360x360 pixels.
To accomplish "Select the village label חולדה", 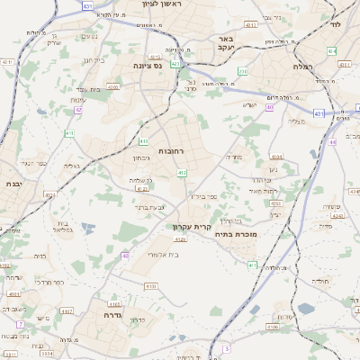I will (320, 281).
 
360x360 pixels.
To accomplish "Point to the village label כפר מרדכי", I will (50, 282).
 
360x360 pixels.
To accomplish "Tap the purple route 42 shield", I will (78, 110).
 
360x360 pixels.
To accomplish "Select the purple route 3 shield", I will (228, 347).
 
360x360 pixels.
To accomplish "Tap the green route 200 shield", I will (242, 71).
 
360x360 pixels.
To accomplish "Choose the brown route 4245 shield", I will (352, 191).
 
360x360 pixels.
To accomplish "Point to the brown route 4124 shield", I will (141, 189).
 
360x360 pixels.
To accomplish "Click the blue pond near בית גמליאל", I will (87, 227).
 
